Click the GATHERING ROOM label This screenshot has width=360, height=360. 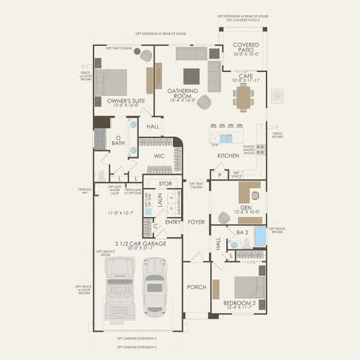[x=179, y=95]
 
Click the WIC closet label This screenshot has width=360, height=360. [x=159, y=155]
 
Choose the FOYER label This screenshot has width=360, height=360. [x=196, y=222]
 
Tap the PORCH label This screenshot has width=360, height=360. [x=196, y=287]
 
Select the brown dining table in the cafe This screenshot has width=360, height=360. [x=244, y=97]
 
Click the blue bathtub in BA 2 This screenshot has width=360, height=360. [x=260, y=236]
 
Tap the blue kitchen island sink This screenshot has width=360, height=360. [x=226, y=138]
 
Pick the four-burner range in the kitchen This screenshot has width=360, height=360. [x=260, y=149]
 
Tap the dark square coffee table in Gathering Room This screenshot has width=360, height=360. [x=191, y=76]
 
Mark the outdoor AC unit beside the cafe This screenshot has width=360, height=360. [x=277, y=96]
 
